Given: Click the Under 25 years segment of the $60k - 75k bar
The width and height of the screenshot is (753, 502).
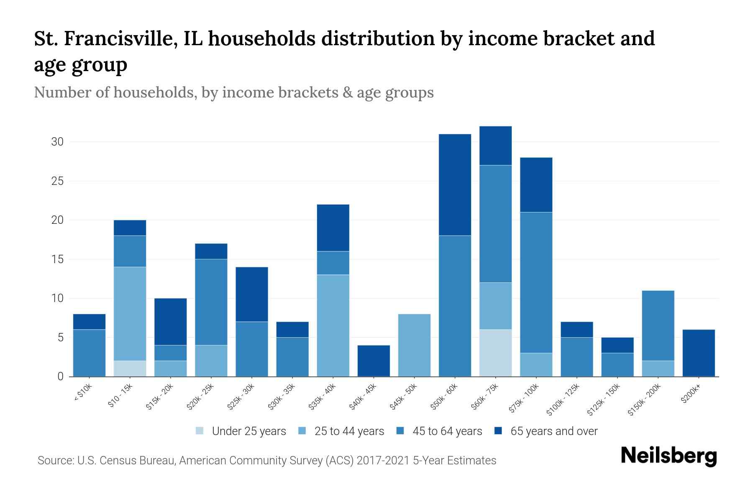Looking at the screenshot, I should coord(495,353).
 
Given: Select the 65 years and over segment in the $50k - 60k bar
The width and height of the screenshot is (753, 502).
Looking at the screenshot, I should coord(455,184).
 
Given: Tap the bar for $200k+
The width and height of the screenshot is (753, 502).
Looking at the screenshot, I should coord(699,353).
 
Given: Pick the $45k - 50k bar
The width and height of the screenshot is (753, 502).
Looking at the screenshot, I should coord(414,345).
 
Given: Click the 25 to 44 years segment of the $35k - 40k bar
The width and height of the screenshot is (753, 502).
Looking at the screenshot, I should coord(333,325).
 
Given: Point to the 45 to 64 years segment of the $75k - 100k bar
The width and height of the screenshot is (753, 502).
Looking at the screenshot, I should coord(536,282).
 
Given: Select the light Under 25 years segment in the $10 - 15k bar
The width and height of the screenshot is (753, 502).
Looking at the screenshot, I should coord(130,368).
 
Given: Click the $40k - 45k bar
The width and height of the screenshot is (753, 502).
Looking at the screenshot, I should coord(374,361).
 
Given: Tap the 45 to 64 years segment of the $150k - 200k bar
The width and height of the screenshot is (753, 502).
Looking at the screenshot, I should coord(658,325).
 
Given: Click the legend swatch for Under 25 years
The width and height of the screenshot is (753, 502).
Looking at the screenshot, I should coord(200,431).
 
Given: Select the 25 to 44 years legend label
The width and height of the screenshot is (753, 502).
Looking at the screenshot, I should coord(349,431).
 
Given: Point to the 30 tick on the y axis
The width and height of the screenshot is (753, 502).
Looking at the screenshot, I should coord(57,142).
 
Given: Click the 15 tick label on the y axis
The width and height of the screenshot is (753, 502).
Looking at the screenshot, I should coord(57,259).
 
